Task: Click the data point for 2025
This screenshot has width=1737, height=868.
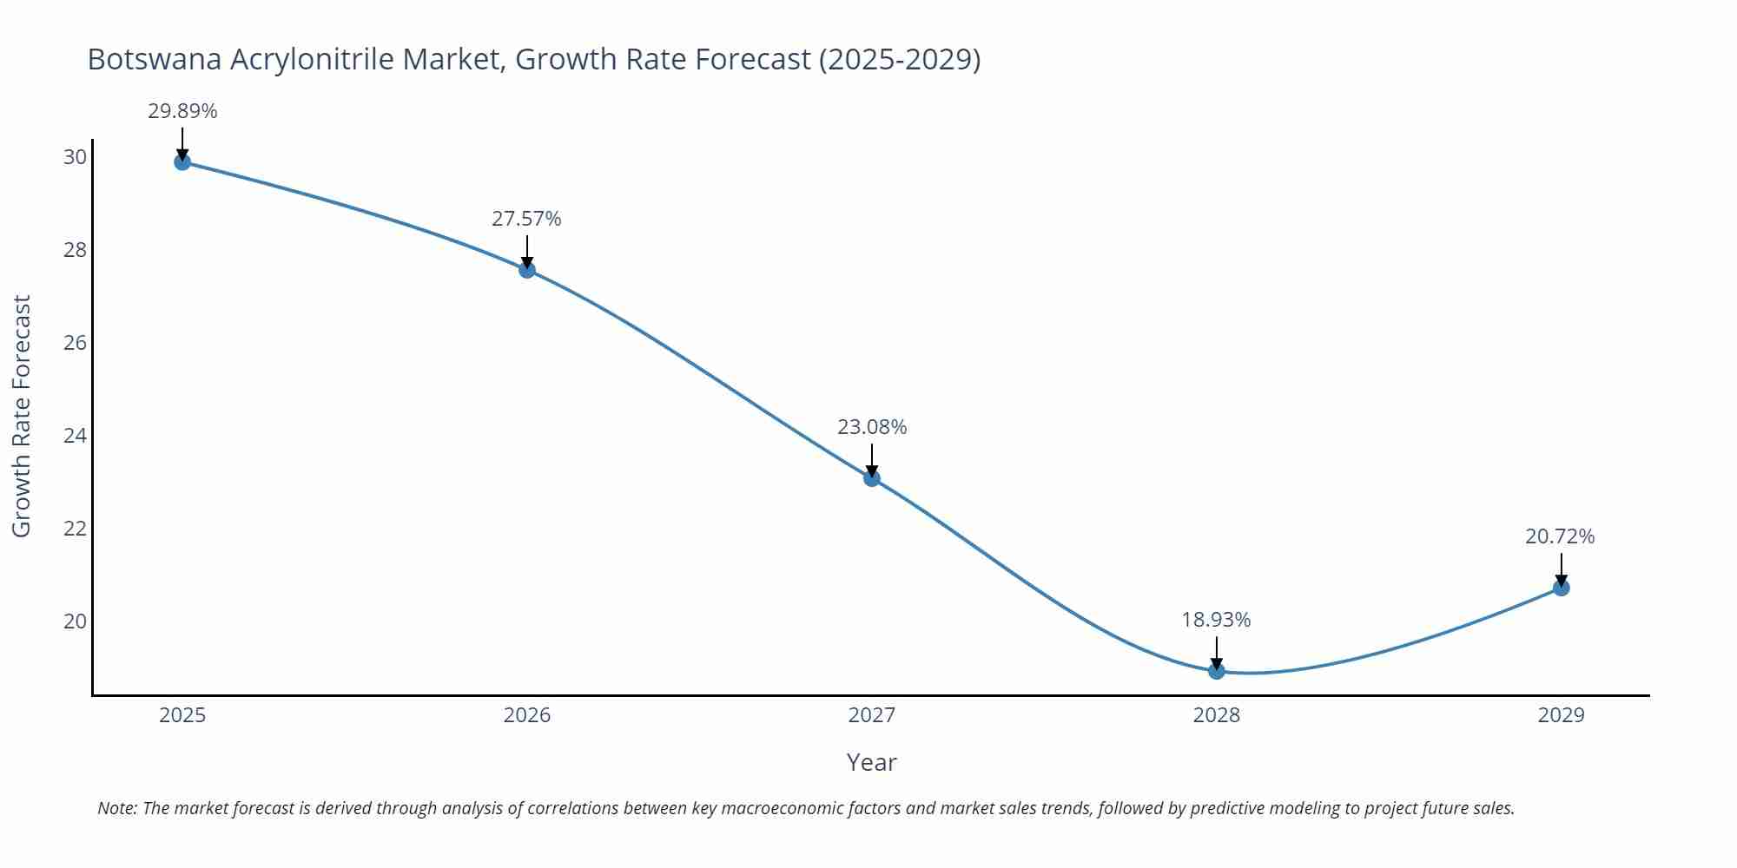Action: pyautogui.click(x=182, y=161)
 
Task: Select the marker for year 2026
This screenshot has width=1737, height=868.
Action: pyautogui.click(x=527, y=269)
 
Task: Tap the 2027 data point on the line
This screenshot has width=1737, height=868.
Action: pyautogui.click(x=872, y=477)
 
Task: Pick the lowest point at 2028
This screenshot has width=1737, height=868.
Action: pyautogui.click(x=1217, y=671)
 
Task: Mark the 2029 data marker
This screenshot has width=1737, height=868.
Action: pyautogui.click(x=1561, y=588)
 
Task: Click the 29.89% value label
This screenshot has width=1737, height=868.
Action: pyautogui.click(x=182, y=111)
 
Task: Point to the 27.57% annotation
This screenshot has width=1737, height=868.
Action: pyautogui.click(x=526, y=219)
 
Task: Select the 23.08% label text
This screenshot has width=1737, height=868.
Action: pyautogui.click(x=872, y=427)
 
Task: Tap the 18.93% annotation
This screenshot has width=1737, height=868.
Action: pyautogui.click(x=1216, y=620)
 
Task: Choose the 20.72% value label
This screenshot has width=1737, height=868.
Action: pyautogui.click(x=1560, y=536)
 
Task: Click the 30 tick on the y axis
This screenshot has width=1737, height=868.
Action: pyautogui.click(x=75, y=157)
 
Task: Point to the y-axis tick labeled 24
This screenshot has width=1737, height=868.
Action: pyautogui.click(x=75, y=436)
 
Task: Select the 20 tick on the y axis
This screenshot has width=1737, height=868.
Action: pyautogui.click(x=75, y=621)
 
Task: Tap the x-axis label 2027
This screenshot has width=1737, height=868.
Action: pyautogui.click(x=872, y=715)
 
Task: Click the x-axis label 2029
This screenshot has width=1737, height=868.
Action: pyautogui.click(x=1561, y=715)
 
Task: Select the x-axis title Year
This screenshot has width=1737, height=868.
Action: pyautogui.click(x=871, y=762)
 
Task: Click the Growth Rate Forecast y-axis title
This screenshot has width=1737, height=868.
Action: pyautogui.click(x=22, y=416)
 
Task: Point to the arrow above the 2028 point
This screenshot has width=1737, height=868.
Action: pyautogui.click(x=1217, y=652)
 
